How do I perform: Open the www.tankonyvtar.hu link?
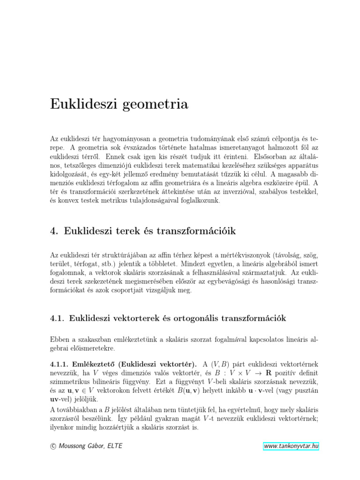(x=291, y=446)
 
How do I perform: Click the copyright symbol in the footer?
(x=52, y=446)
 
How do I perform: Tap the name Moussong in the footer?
(x=74, y=446)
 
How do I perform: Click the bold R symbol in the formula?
(x=269, y=373)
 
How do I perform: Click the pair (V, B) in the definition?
(x=220, y=364)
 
